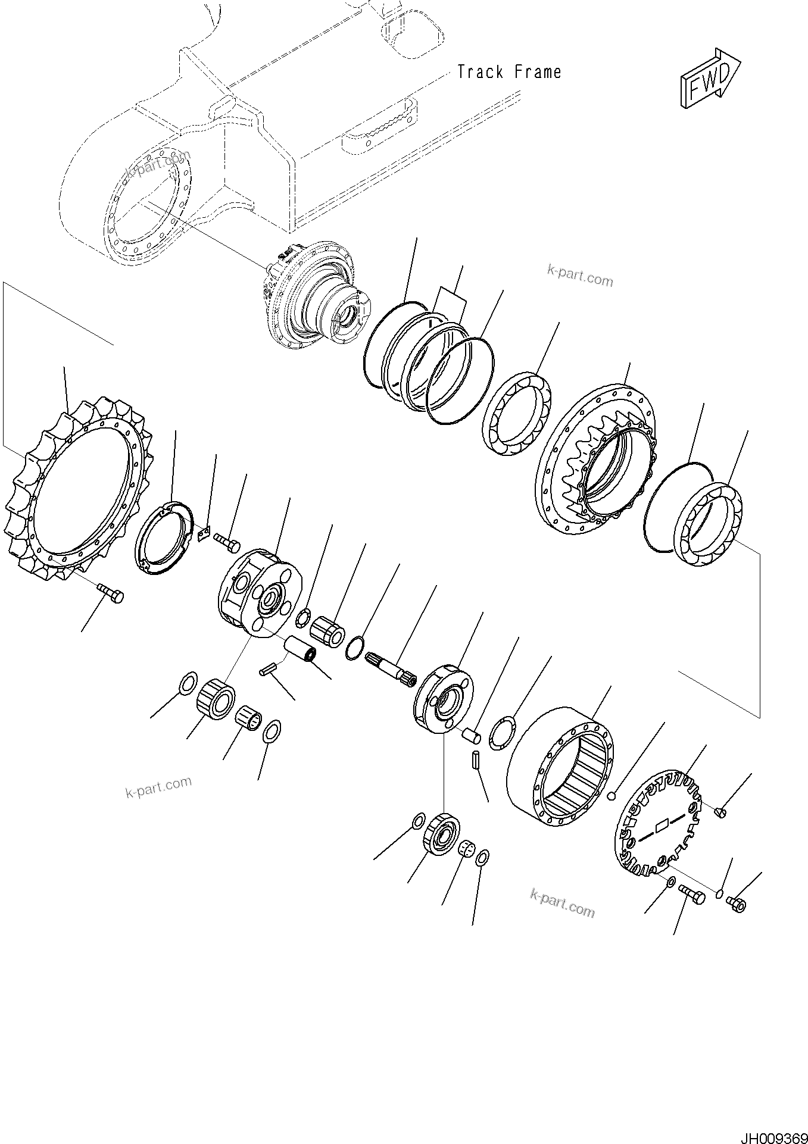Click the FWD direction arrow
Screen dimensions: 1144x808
(710, 79)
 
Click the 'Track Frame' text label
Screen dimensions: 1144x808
(509, 73)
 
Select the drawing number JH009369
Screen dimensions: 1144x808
(773, 1135)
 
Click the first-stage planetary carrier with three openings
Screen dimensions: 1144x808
(260, 592)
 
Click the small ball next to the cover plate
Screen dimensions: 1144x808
(610, 796)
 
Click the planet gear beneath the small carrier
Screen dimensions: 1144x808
(441, 833)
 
